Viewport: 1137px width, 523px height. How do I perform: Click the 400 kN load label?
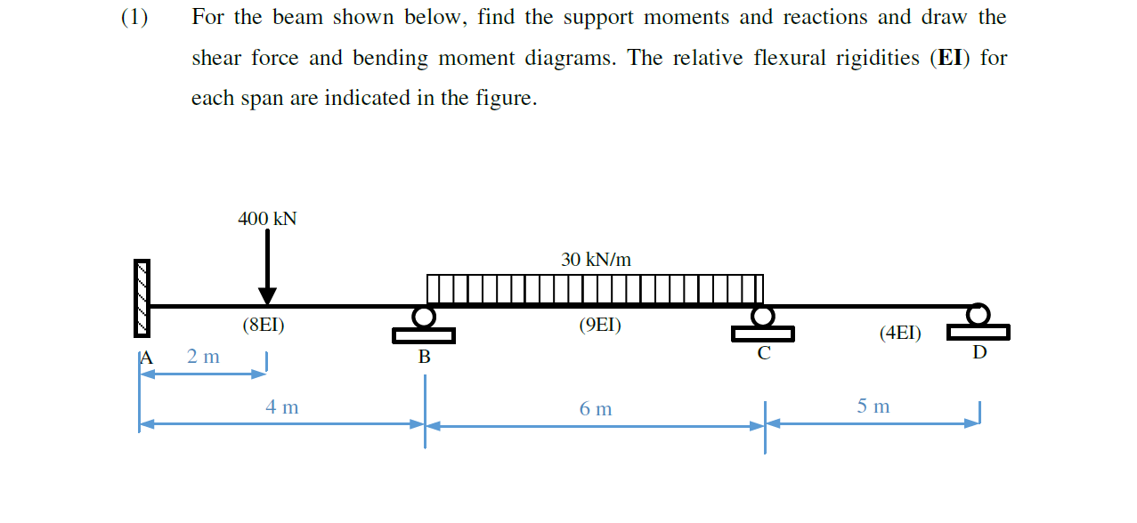pyautogui.click(x=267, y=219)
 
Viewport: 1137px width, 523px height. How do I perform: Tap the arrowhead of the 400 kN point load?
pyautogui.click(x=267, y=296)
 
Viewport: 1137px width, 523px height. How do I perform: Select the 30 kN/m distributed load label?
pyautogui.click(x=596, y=260)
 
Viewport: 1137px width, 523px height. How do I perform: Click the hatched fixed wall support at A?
pyautogui.click(x=142, y=298)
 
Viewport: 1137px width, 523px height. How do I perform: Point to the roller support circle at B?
pyautogui.click(x=425, y=317)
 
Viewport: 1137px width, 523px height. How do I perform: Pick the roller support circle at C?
pyautogui.click(x=762, y=316)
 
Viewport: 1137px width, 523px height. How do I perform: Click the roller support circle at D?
pyautogui.click(x=979, y=314)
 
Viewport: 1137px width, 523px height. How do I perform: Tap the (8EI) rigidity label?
pyautogui.click(x=264, y=326)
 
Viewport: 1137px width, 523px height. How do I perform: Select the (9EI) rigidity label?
pyautogui.click(x=600, y=326)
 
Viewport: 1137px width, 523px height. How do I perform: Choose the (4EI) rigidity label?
pyautogui.click(x=900, y=334)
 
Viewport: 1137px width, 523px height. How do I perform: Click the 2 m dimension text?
pyautogui.click(x=203, y=357)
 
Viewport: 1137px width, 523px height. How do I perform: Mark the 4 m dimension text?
pyautogui.click(x=282, y=407)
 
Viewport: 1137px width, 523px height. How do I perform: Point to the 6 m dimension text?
pyautogui.click(x=596, y=409)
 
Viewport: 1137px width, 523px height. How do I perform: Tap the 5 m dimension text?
pyautogui.click(x=873, y=406)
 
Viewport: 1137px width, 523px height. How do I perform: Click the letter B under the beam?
pyautogui.click(x=425, y=358)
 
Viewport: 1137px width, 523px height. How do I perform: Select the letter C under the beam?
pyautogui.click(x=764, y=353)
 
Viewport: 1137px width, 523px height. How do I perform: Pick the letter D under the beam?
pyautogui.click(x=979, y=352)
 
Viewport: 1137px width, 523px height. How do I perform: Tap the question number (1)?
pyautogui.click(x=134, y=17)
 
